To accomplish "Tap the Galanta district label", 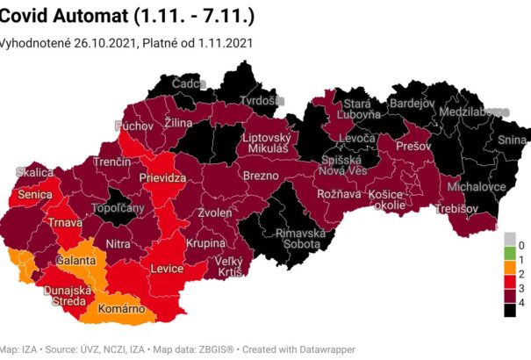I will [76, 261].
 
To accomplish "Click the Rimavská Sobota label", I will [300, 240].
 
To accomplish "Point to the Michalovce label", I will [476, 188].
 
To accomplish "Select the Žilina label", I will [178, 123].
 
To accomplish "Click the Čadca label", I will [189, 83].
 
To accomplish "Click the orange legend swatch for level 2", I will [508, 274].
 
